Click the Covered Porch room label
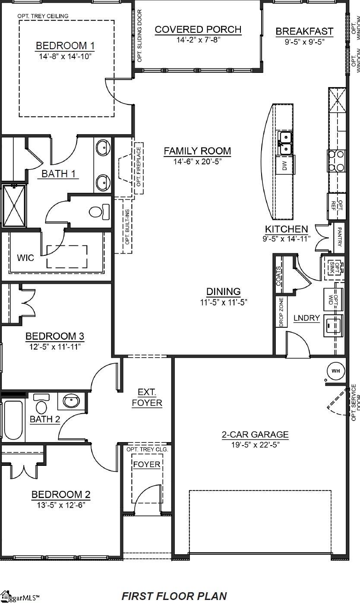tap(198, 30)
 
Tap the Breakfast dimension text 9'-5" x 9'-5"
tap(304, 42)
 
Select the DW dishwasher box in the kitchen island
tap(284, 165)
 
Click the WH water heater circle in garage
tap(336, 371)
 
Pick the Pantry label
tap(340, 237)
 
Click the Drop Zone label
tap(281, 312)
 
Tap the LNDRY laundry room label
tap(306, 318)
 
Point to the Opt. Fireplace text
tap(139, 167)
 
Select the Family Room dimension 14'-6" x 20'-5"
tap(197, 161)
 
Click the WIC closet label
tap(25, 258)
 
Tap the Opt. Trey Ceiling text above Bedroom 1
tap(43, 16)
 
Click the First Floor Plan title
tap(174, 596)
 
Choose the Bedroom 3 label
tap(55, 336)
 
